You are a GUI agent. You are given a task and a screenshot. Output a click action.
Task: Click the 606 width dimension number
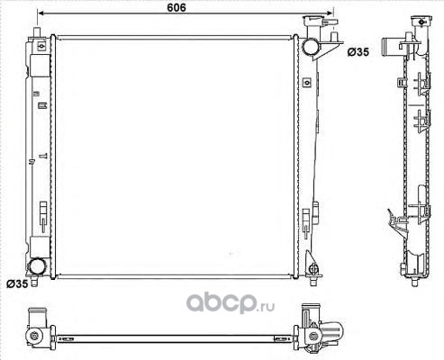click(x=177, y=7)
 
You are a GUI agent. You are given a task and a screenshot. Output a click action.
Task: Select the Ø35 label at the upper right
click(x=358, y=52)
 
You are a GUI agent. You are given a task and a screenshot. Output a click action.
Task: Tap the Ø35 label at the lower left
click(x=17, y=283)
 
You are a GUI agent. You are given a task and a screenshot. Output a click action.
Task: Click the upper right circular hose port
click(x=310, y=47)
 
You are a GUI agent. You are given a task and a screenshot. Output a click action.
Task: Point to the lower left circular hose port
click(x=37, y=266)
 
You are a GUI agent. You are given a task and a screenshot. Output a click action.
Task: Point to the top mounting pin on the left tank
click(x=37, y=32)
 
